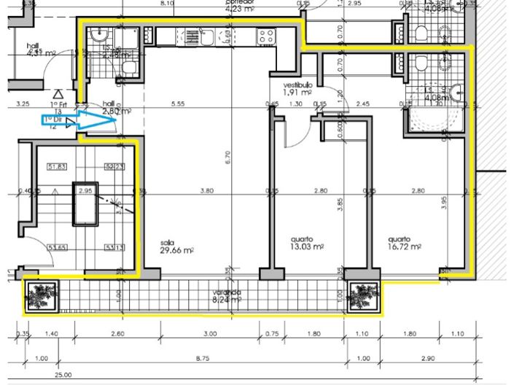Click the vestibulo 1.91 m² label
297,89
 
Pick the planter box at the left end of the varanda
41,295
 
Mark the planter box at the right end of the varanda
363,295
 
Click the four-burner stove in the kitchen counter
266,34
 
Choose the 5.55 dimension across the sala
176,105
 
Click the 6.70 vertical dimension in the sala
228,157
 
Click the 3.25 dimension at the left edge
22,105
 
